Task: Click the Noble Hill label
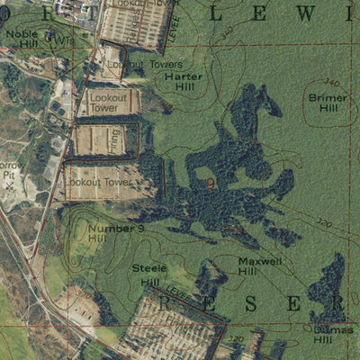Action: tap(22, 38)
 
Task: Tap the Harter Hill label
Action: tap(184, 82)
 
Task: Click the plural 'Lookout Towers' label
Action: tap(145, 65)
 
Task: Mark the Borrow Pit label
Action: tap(12, 171)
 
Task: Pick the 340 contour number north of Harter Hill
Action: tap(225, 31)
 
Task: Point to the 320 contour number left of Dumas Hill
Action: tap(236, 338)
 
